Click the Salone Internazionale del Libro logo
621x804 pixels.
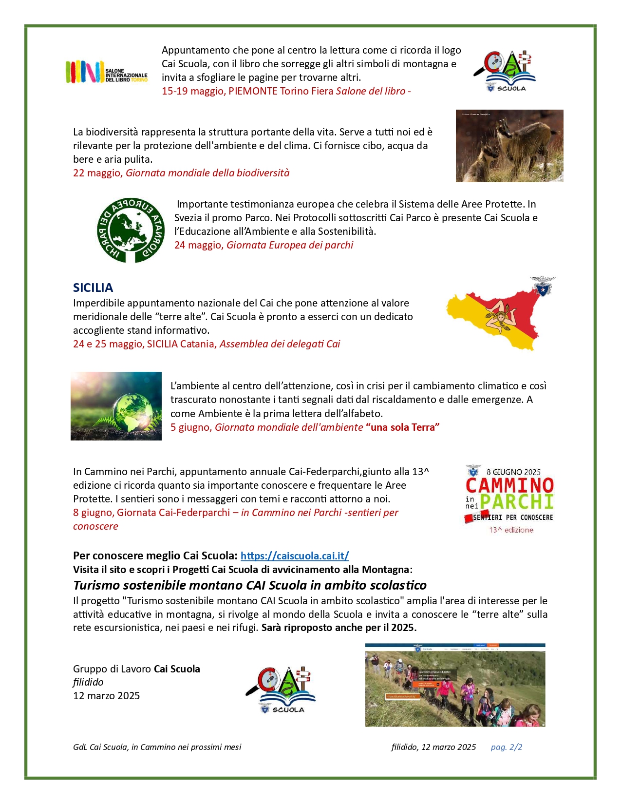click(x=106, y=72)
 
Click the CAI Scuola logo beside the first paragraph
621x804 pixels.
click(x=505, y=71)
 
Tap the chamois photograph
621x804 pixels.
click(x=509, y=146)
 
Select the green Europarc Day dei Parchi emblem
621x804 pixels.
click(x=130, y=230)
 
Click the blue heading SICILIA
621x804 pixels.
click(x=93, y=287)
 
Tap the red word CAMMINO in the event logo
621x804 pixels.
click(x=509, y=485)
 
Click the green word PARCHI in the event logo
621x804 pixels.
click(x=516, y=501)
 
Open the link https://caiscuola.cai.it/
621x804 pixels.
click(x=295, y=555)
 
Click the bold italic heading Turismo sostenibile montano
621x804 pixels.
click(x=249, y=585)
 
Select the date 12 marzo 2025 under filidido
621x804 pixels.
click(x=106, y=695)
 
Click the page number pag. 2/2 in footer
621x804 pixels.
click(x=506, y=747)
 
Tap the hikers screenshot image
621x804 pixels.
click(x=455, y=685)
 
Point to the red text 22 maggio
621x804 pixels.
click(x=97, y=173)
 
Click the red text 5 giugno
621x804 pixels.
click(x=191, y=427)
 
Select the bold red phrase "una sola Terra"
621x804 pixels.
click(x=403, y=427)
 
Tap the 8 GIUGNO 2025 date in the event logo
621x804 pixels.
click(x=513, y=472)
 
